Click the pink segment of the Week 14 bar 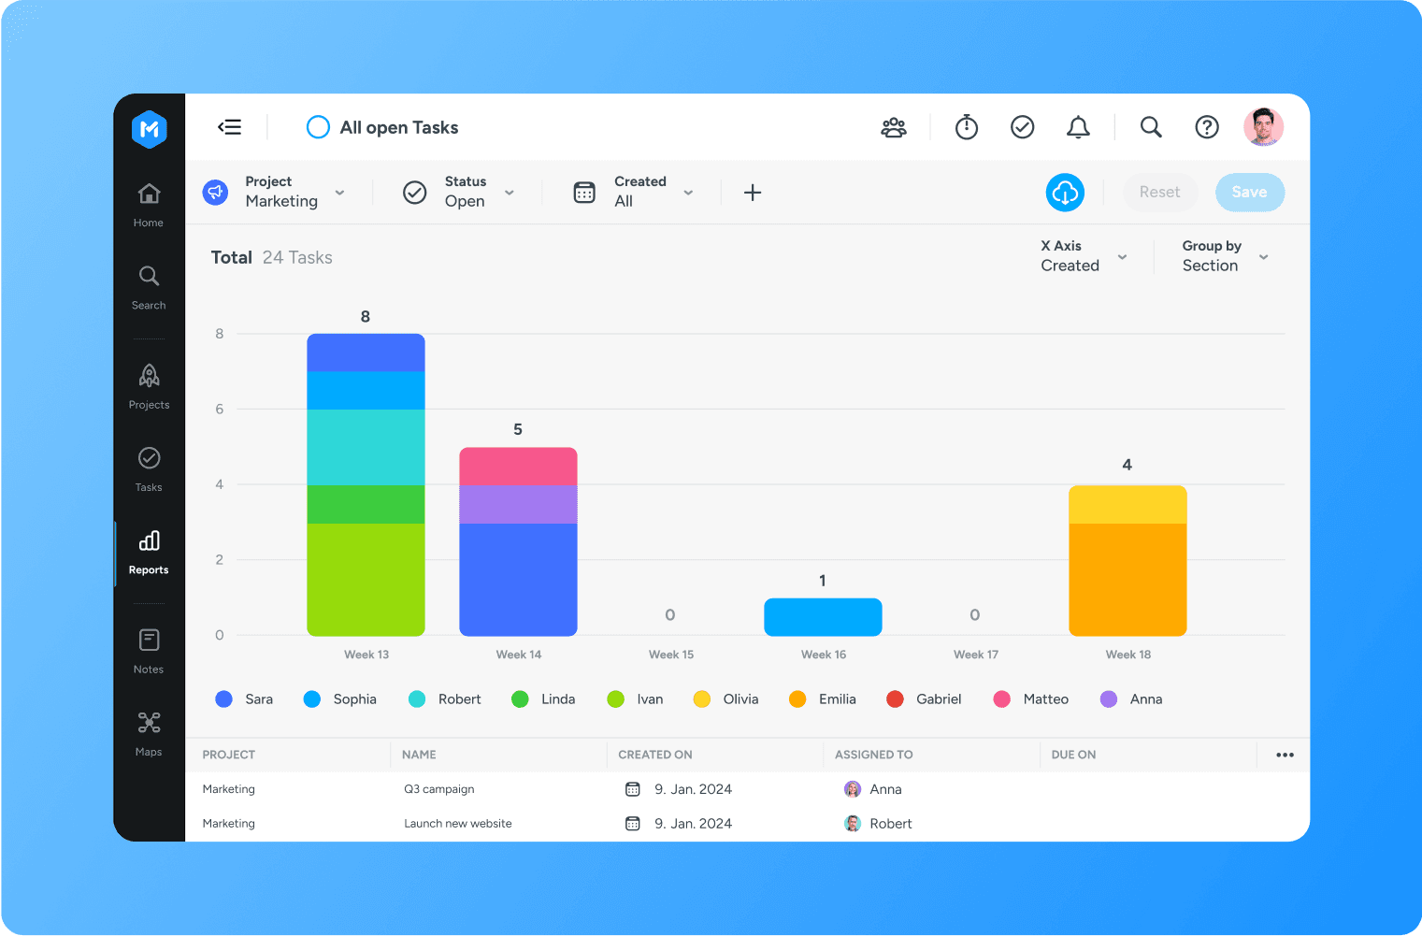click(518, 466)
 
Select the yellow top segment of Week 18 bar click(1128, 504)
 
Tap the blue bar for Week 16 click(823, 617)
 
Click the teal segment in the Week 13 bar click(366, 447)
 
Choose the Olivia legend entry click(726, 699)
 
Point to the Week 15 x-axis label click(671, 655)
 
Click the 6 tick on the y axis click(220, 409)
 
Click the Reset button click(1159, 193)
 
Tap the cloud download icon click(1065, 193)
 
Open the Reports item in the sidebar click(149, 552)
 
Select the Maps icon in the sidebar click(149, 723)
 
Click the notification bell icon click(1078, 127)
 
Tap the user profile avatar click(1263, 127)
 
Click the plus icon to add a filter click(753, 193)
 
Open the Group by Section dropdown click(1225, 256)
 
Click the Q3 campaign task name click(439, 789)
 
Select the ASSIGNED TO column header click(873, 755)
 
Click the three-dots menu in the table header click(1285, 755)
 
